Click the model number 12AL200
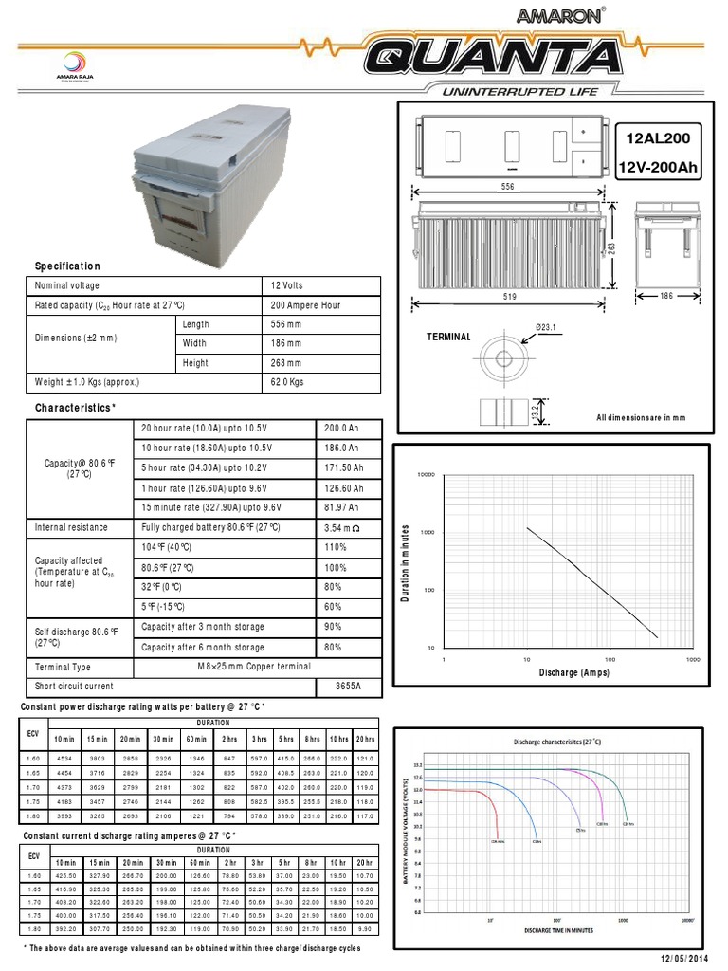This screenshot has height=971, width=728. click(659, 138)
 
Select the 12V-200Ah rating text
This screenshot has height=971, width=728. click(658, 168)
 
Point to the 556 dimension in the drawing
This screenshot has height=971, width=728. click(506, 188)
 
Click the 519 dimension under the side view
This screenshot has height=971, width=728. click(509, 297)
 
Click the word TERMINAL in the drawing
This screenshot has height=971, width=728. click(448, 337)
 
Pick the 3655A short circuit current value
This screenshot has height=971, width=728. click(350, 686)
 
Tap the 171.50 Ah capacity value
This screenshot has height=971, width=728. click(345, 468)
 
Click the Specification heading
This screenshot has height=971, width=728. click(67, 266)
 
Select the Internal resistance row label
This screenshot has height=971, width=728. click(71, 527)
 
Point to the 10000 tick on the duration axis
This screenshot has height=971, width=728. click(426, 474)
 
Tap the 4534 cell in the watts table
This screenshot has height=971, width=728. click(64, 759)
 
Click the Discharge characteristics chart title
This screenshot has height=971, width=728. click(556, 741)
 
